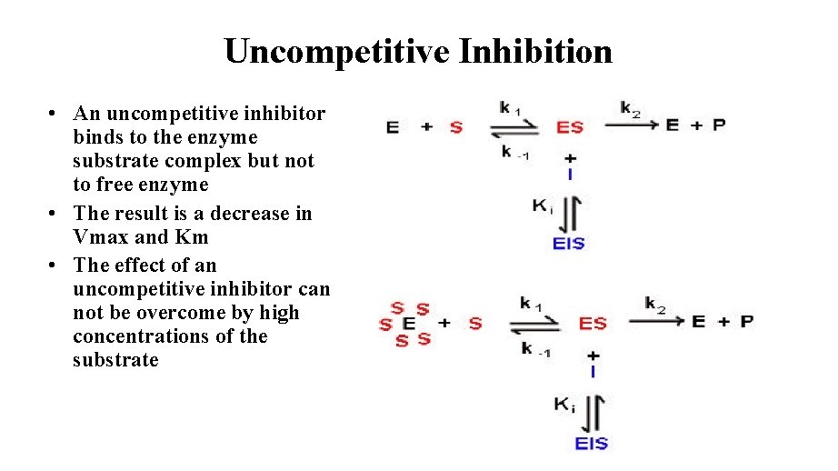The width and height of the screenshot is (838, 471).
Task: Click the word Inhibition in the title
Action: [x=536, y=52]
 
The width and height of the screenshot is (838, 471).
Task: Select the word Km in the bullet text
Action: [x=195, y=237]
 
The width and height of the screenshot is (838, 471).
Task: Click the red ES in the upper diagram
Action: [x=570, y=127]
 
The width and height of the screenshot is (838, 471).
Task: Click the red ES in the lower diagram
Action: [x=593, y=323]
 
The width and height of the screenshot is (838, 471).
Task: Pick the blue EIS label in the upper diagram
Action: [x=569, y=244]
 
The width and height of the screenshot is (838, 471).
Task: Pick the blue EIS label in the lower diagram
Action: [x=592, y=444]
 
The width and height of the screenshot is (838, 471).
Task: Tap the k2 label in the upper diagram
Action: [x=631, y=108]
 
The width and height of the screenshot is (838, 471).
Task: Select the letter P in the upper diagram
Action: [x=719, y=125]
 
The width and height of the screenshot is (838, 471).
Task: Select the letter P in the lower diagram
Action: [x=745, y=321]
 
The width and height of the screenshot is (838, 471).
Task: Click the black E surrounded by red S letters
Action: [x=409, y=324]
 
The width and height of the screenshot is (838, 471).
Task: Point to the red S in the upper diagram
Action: [x=455, y=127]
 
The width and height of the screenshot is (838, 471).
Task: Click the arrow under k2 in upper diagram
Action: [x=630, y=125]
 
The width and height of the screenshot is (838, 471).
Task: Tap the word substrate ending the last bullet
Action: [x=115, y=360]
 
